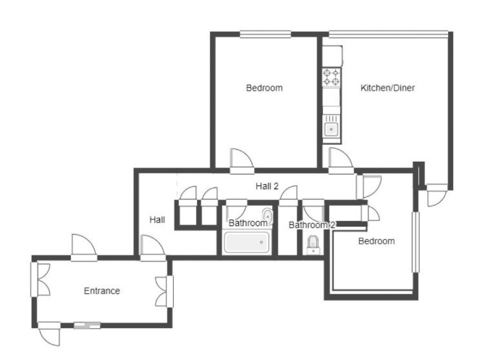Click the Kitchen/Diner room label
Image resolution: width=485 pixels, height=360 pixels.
[387, 88]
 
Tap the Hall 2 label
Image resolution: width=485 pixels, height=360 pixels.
[267, 186]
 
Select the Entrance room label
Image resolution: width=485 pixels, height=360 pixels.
[102, 291]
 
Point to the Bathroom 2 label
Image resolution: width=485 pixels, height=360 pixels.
[312, 225]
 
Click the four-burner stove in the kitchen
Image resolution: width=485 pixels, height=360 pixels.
[332, 77]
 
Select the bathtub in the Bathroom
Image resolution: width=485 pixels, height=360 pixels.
[247, 243]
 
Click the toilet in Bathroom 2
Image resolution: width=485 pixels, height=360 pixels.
[313, 246]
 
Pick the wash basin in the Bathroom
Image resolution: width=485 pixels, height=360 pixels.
[267, 216]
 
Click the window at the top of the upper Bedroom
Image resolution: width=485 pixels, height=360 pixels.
[266, 34]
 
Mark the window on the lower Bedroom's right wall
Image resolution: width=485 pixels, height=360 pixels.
[416, 242]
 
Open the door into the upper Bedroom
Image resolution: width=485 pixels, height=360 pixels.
[242, 161]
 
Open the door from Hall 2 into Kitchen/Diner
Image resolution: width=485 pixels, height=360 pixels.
[341, 160]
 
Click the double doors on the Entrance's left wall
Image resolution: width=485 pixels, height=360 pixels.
[41, 280]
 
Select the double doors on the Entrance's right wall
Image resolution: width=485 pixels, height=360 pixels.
[164, 292]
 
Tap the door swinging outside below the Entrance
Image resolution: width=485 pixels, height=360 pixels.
[49, 333]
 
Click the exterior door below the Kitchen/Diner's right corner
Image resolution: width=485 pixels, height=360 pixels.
[437, 195]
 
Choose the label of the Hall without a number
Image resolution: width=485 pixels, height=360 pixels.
[157, 220]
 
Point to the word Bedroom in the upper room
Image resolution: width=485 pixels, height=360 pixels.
[264, 88]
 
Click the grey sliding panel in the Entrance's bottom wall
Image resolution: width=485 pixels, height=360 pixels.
[87, 325]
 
